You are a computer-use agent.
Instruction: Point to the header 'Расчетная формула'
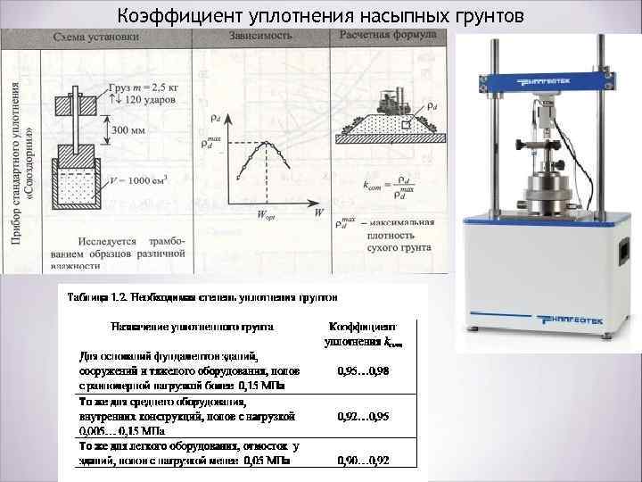pos(385,37)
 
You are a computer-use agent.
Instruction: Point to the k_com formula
pos(386,187)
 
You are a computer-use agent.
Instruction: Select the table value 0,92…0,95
pos(365,416)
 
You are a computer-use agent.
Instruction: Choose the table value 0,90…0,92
pos(365,460)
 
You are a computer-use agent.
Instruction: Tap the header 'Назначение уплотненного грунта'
pos(191,327)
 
